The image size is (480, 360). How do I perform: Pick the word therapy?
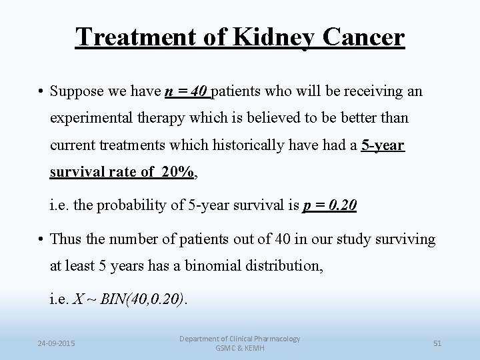(x=168, y=118)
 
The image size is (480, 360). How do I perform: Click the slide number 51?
(x=438, y=343)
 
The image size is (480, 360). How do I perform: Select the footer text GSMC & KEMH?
(x=239, y=349)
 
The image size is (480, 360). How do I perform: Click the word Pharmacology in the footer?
(x=275, y=339)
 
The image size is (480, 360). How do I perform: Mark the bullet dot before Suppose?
(x=41, y=91)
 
